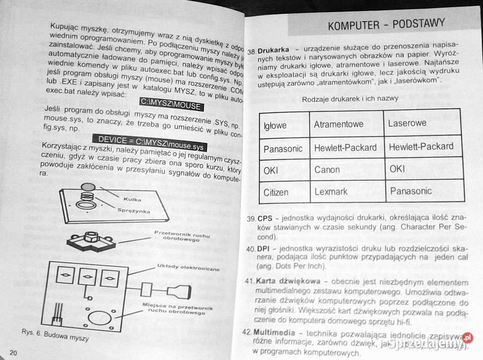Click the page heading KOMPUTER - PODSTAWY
coord(386,24)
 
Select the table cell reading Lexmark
coord(331,192)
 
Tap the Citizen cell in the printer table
coord(276,192)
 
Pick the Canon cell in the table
coord(327,170)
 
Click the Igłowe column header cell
coord(275,125)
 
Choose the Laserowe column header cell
coord(407,123)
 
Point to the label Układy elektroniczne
coord(188,267)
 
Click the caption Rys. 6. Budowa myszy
coord(55,335)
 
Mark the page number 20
coord(13,352)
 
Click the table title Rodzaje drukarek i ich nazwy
coord(350,99)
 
